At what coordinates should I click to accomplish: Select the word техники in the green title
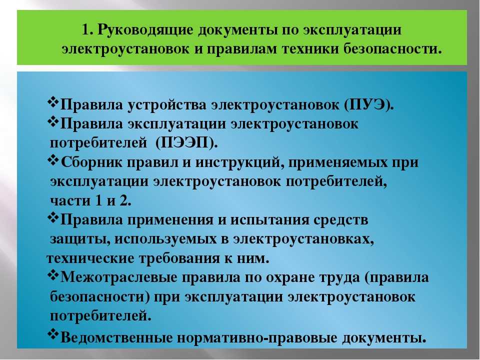[x=310, y=49]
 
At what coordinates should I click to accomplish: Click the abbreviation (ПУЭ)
[x=368, y=104]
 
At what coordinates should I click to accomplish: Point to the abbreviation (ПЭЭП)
[x=186, y=142]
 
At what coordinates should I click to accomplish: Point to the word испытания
[x=269, y=220]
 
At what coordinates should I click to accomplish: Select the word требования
[x=179, y=258]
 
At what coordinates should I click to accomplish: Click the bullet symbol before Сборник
[x=53, y=160]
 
